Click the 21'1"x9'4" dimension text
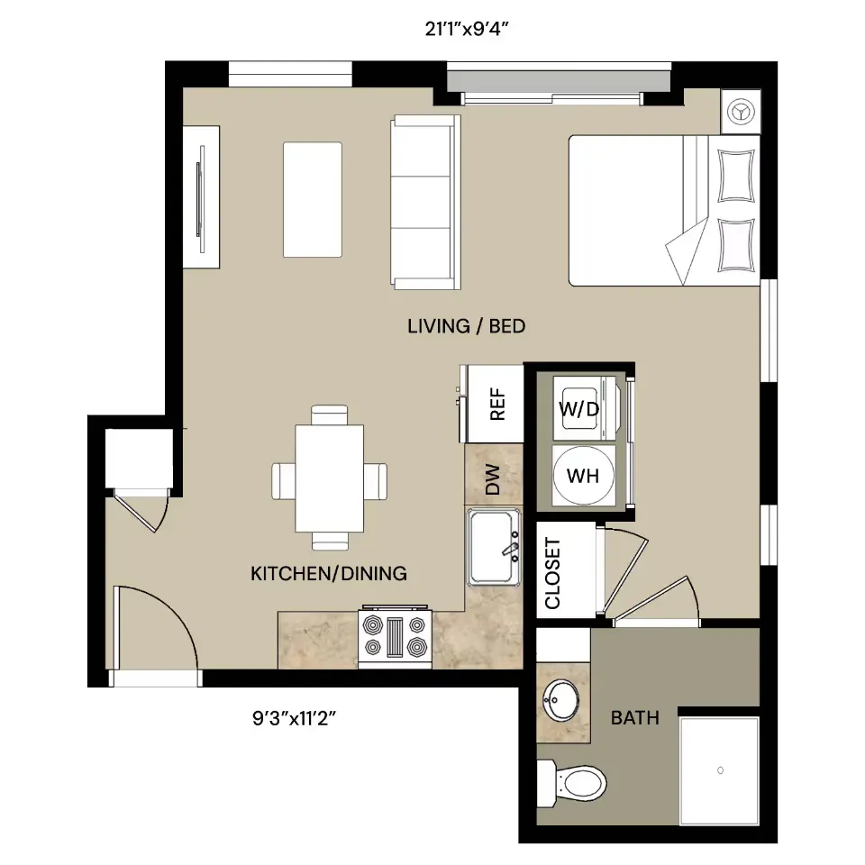[466, 29]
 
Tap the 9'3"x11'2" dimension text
[294, 718]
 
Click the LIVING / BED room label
[466, 326]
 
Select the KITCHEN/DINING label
[329, 574]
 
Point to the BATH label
[635, 718]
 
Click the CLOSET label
[552, 573]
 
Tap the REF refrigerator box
[495, 404]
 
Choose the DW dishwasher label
[492, 478]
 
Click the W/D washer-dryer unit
[584, 408]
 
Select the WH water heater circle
[584, 475]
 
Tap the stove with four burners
[395, 638]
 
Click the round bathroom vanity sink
[561, 700]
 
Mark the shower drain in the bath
[720, 770]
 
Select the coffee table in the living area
[313, 200]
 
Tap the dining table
[330, 478]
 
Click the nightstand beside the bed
[741, 112]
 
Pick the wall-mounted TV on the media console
[201, 198]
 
